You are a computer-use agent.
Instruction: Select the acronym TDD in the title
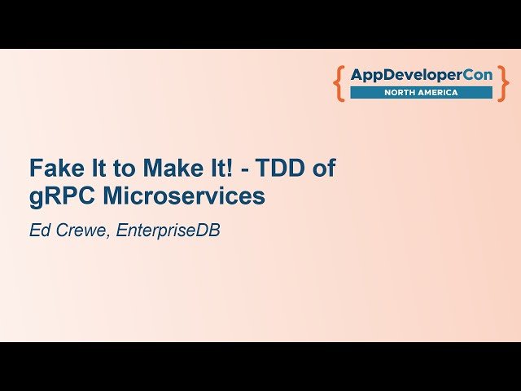click(283, 169)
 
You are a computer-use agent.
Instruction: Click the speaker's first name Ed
click(39, 231)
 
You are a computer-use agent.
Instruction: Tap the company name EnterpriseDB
click(169, 231)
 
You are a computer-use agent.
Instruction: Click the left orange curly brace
click(339, 84)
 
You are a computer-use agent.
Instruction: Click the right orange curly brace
click(503, 84)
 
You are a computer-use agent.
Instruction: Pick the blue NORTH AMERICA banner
click(421, 93)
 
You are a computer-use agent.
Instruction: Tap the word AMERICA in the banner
click(439, 93)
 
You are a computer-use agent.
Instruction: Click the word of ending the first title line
click(325, 169)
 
